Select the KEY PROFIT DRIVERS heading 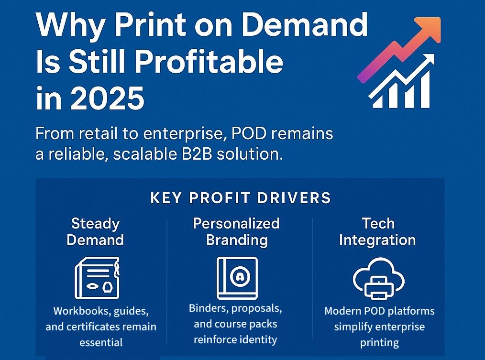coord(241,198)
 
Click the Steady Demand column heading coord(95,231)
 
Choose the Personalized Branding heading coord(236,231)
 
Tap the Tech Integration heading coord(377,231)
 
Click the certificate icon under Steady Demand coord(97,278)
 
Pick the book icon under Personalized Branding coord(237,278)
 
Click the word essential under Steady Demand coord(101,342)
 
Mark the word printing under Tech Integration coord(379,342)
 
